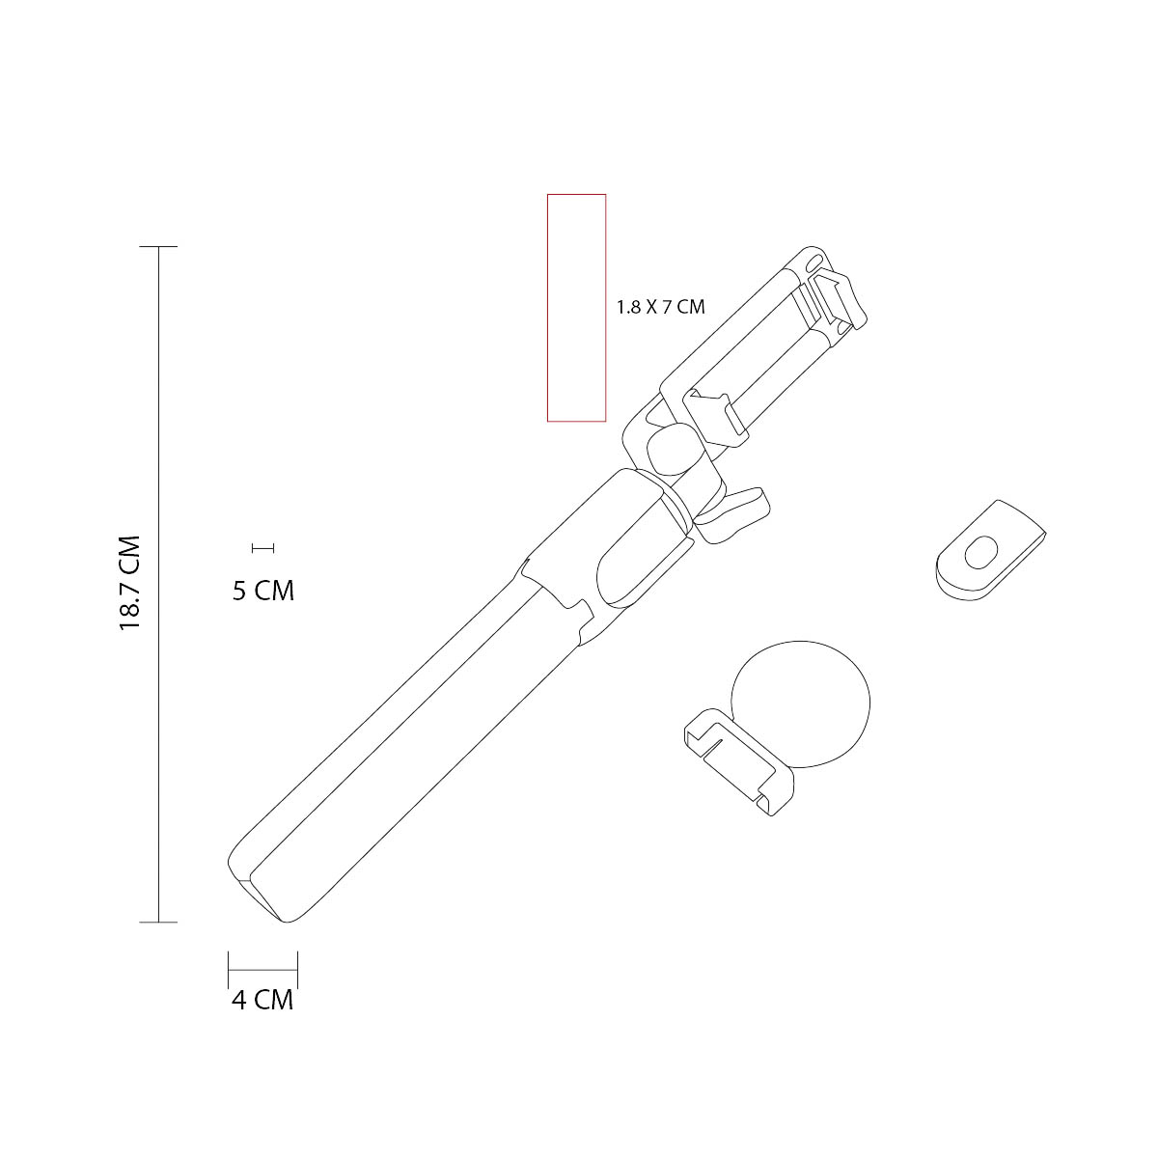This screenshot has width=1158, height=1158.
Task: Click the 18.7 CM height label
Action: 130,584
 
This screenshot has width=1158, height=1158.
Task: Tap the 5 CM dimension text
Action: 262,591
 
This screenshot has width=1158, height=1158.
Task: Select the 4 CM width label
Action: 262,1001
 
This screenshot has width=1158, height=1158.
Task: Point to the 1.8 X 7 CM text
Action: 661,308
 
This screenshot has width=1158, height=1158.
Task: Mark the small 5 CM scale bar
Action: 262,548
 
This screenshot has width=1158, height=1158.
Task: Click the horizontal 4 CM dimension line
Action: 262,968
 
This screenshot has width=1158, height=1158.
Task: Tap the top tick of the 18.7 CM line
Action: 159,247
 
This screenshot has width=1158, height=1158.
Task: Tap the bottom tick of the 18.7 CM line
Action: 159,923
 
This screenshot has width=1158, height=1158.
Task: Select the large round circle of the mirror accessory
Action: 801,702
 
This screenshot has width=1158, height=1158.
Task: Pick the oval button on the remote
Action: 982,554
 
